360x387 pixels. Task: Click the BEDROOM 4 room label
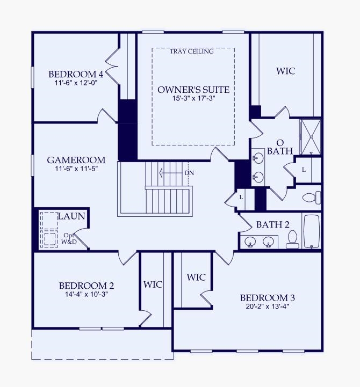[76, 74]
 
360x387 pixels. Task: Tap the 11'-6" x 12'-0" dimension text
[76, 83]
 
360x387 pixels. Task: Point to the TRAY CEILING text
[192, 52]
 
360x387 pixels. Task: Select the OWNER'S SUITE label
[193, 90]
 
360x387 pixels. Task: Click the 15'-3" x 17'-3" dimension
[193, 99]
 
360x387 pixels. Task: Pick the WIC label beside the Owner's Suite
[285, 71]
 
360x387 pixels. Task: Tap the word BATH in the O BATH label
[280, 151]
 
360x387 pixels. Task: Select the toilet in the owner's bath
[311, 198]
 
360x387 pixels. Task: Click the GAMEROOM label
[76, 160]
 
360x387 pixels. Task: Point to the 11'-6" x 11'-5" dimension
[76, 169]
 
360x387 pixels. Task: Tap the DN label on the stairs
[189, 173]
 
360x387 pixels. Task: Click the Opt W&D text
[69, 238]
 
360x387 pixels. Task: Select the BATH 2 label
[272, 224]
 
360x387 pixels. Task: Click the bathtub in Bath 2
[312, 231]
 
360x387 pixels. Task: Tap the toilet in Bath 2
[292, 239]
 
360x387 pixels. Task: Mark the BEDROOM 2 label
[86, 286]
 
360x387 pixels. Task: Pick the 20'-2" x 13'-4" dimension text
[267, 307]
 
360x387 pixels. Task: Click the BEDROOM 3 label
[267, 298]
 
